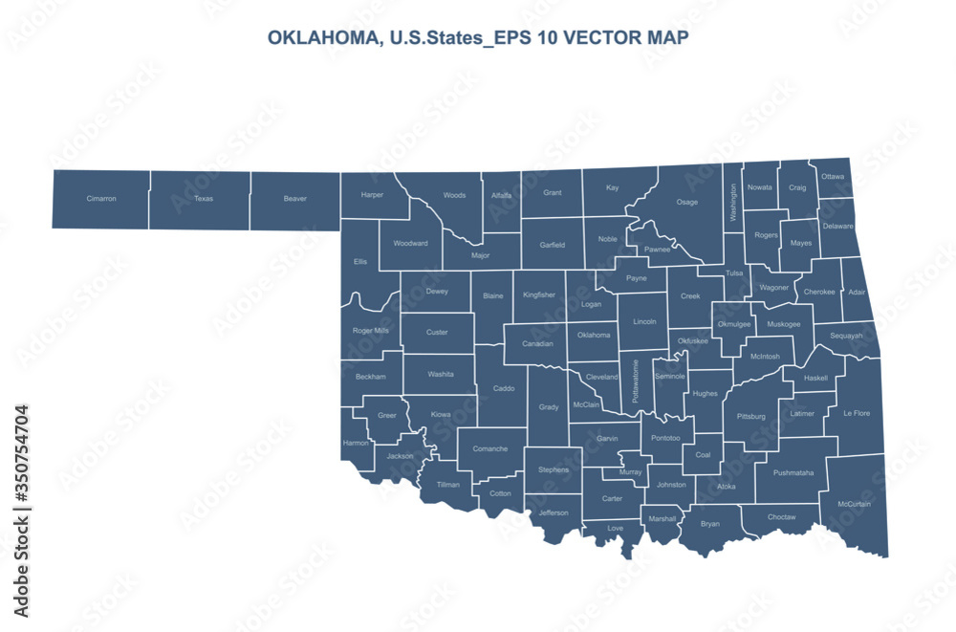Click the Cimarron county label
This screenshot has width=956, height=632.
[101, 199]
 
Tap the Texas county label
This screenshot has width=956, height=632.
[204, 199]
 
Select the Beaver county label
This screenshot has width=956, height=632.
[295, 199]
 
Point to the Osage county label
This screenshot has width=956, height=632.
[686, 202]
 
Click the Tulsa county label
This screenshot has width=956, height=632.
[734, 273]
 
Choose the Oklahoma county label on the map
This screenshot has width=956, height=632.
[594, 336]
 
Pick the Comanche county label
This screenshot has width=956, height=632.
[489, 448]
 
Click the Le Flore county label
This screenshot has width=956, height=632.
[856, 414]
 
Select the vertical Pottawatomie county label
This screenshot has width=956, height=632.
[636, 381]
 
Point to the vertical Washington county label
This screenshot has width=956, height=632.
[733, 203]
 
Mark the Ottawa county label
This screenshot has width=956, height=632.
[833, 177]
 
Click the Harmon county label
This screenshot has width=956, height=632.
[355, 443]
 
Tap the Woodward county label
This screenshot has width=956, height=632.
[410, 243]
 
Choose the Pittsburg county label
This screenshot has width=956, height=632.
[751, 417]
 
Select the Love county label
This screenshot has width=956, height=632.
[616, 528]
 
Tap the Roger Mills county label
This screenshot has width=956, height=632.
[371, 331]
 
